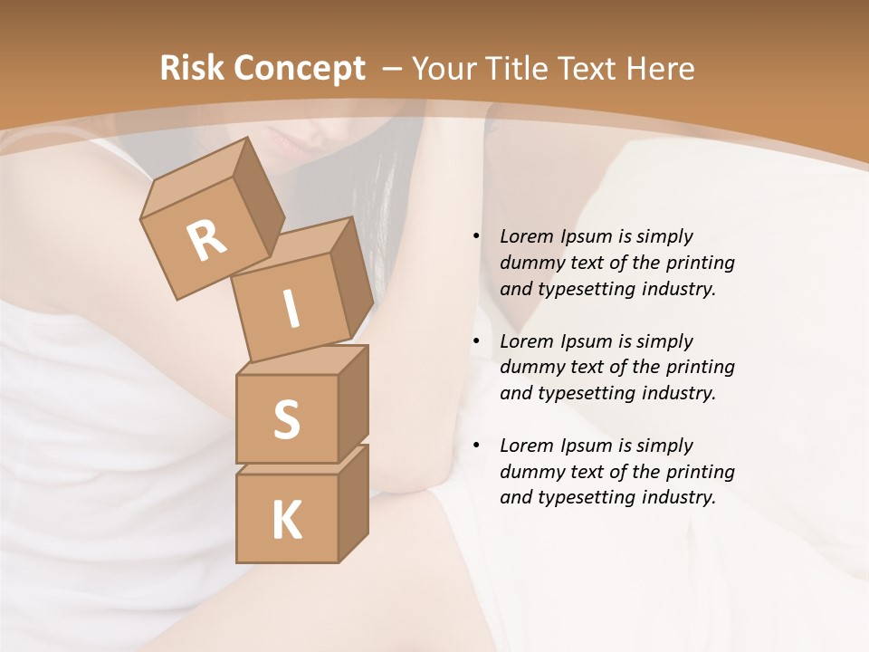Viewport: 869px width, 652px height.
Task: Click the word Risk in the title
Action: pos(191,69)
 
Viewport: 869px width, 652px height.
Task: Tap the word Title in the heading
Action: pos(520,69)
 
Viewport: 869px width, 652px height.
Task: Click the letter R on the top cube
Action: pos(206,240)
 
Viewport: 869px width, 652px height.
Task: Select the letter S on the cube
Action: pos(286,419)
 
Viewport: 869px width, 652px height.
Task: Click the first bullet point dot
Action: pos(476,236)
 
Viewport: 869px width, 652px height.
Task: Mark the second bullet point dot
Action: pos(476,341)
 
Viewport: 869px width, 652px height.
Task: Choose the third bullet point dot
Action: pos(476,446)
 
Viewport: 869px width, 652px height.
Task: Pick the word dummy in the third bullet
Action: pos(530,472)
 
